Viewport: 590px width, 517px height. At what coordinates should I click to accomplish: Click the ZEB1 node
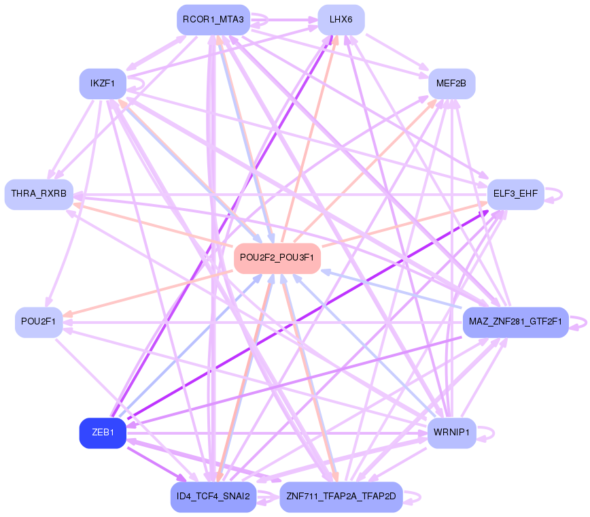103,433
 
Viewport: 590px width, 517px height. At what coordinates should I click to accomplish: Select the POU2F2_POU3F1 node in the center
277,258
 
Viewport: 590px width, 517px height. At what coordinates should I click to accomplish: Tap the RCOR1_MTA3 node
213,19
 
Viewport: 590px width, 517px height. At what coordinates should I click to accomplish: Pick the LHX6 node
341,20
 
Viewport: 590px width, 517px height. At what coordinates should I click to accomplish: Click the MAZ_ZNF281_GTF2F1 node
515,322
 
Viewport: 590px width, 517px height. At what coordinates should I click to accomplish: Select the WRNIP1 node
451,433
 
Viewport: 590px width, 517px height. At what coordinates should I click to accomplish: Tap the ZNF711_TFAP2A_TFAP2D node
341,497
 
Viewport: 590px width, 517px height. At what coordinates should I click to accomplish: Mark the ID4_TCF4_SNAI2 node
213,497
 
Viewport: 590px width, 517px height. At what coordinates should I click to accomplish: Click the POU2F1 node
39,322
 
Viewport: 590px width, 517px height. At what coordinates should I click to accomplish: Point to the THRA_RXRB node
39,195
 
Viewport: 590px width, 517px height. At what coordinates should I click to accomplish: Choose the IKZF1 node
103,84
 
